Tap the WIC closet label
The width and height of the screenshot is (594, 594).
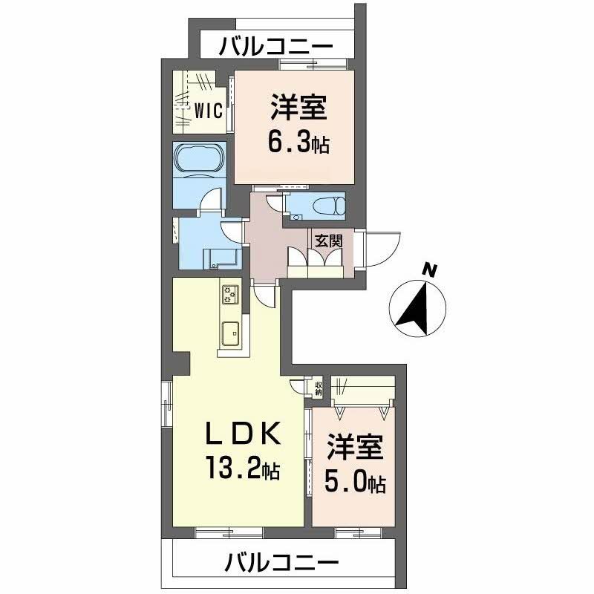point(209,111)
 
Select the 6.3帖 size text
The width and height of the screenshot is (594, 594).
point(299,141)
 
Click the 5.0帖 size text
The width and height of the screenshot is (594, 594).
point(354,483)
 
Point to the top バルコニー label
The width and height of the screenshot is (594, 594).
point(275,48)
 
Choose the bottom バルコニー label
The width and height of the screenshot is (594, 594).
point(282,563)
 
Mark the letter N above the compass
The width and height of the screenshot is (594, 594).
point(428,270)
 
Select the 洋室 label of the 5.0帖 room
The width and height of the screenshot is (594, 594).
point(354,450)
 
